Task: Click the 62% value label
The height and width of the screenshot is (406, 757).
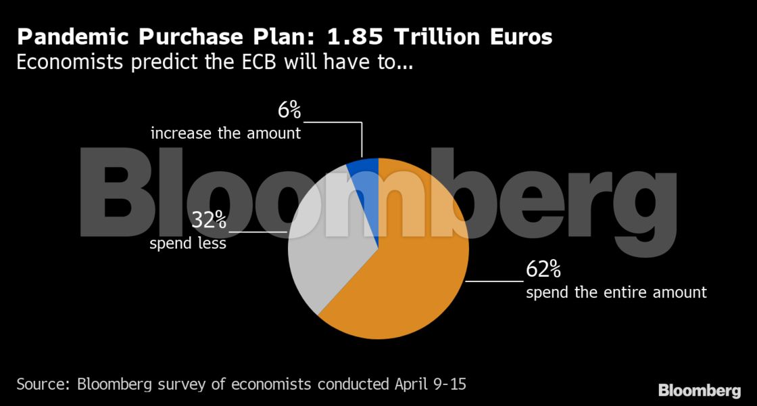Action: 543,270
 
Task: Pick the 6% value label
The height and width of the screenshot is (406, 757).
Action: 289,110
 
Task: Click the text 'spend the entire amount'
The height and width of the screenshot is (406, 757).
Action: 616,292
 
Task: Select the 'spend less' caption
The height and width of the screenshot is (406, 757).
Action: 187,243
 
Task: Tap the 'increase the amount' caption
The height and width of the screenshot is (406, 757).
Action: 226,133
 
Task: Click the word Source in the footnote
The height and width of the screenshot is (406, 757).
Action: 43,385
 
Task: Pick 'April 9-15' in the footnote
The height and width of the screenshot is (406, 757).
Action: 430,385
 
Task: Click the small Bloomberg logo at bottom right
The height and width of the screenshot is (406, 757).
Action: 699,390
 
